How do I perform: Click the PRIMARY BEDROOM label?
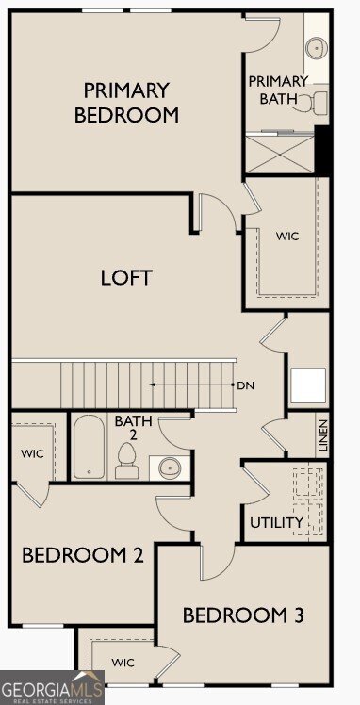tap(126, 103)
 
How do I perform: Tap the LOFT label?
tap(126, 277)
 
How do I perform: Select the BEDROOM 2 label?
tap(83, 556)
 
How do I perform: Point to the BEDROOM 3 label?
tap(243, 615)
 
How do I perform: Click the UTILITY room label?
tap(276, 523)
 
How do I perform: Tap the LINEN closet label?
tap(323, 435)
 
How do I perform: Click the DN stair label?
tap(245, 385)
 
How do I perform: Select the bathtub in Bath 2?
tap(89, 447)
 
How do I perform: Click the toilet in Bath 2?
tap(126, 461)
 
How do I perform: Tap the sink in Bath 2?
tap(170, 467)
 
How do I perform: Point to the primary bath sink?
tap(317, 47)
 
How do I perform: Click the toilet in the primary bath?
tap(315, 103)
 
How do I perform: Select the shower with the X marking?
tap(280, 155)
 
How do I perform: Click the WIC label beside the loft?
tap(287, 236)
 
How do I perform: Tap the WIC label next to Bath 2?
tap(32, 453)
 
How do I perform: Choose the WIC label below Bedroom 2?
tap(123, 663)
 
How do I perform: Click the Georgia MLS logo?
tap(52, 687)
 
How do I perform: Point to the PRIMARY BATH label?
tap(278, 90)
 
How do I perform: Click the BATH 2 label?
tap(133, 428)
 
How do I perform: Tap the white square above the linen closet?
tap(308, 385)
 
